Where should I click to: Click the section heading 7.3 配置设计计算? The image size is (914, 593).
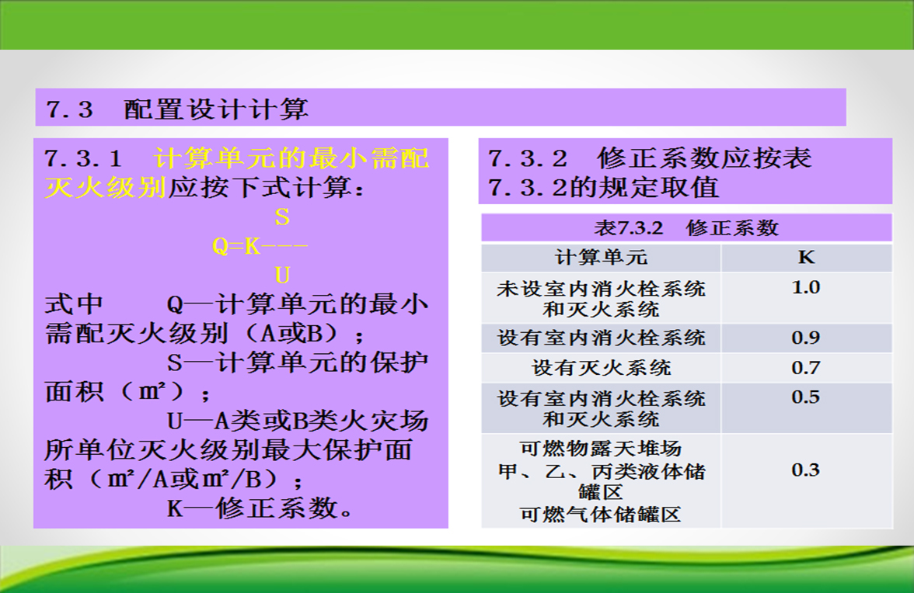[x=177, y=109]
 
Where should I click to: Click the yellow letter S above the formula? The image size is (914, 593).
[x=282, y=217]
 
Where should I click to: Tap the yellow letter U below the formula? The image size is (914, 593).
[x=282, y=276]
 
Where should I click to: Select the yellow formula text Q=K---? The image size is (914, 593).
[x=260, y=246]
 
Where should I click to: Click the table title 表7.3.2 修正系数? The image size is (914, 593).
[x=686, y=227]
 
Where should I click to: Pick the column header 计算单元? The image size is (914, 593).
[x=601, y=257]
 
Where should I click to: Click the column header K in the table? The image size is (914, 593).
[x=806, y=257]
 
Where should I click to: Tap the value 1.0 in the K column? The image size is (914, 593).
[x=805, y=287]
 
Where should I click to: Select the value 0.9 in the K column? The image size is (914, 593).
[x=805, y=338]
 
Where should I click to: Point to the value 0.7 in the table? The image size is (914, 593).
[x=805, y=368]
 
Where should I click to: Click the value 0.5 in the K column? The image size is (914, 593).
[x=805, y=397]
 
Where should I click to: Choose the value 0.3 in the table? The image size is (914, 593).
[x=805, y=470]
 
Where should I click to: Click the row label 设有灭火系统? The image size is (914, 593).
[x=601, y=368]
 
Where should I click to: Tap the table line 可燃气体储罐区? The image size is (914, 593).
[x=601, y=515]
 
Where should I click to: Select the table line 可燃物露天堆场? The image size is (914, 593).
[x=601, y=449]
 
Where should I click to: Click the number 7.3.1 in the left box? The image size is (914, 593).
[x=83, y=158]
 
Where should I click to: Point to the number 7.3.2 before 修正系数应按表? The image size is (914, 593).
[x=528, y=158]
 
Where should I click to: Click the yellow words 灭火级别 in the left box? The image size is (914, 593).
[x=106, y=187]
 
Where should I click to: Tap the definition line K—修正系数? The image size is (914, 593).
[x=260, y=508]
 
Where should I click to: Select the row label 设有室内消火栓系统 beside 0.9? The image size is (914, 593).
[x=601, y=338]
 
